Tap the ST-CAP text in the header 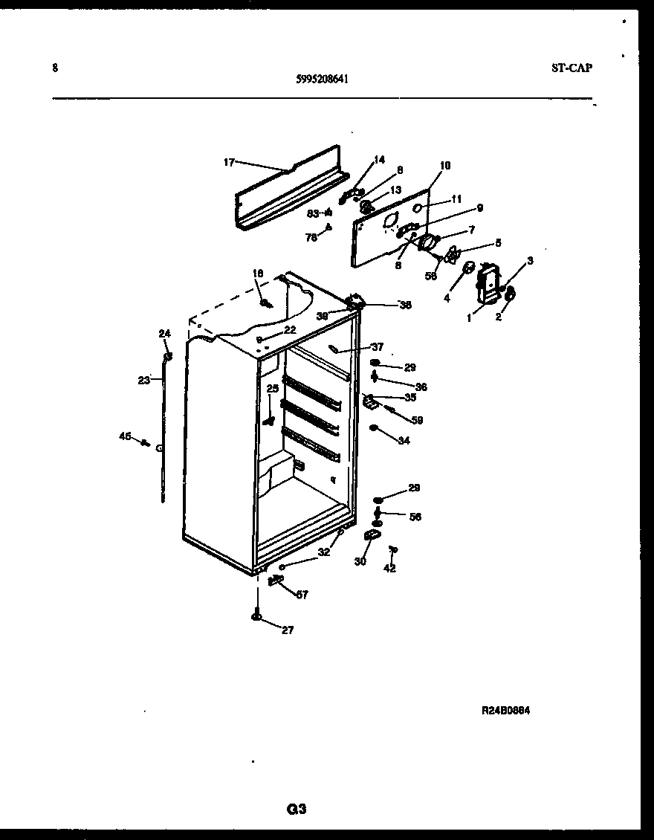click(x=572, y=68)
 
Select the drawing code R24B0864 click(x=505, y=710)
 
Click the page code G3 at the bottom click(x=297, y=810)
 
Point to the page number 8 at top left click(x=55, y=68)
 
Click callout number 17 click(x=229, y=161)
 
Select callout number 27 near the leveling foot click(x=287, y=630)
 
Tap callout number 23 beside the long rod click(x=143, y=379)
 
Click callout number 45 click(x=125, y=436)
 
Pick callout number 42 click(x=389, y=569)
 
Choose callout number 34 click(x=404, y=441)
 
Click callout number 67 click(x=302, y=594)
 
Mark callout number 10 click(x=445, y=165)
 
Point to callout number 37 click(x=378, y=346)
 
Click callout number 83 click(x=313, y=213)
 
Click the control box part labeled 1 click(x=487, y=285)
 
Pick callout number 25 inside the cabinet click(x=273, y=388)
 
